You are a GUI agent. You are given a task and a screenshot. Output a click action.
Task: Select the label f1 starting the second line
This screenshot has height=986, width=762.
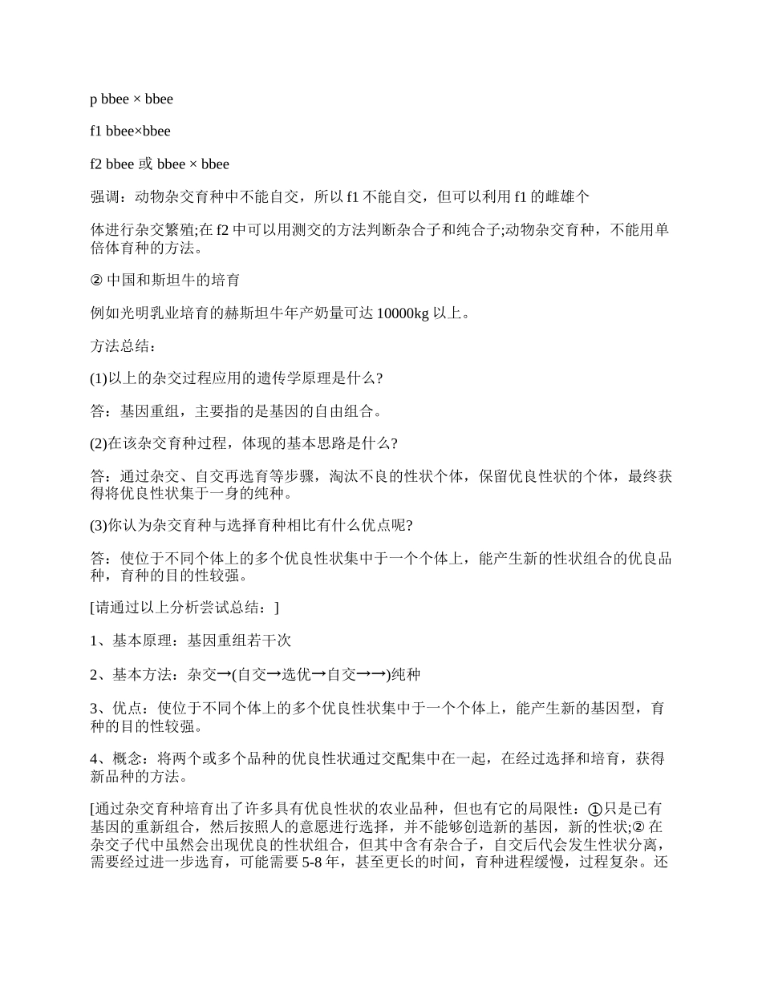[96, 131]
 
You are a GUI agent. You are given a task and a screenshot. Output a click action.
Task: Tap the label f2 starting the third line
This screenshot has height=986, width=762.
[97, 164]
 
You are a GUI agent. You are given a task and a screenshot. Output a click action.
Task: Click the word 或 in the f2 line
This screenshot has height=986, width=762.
[146, 164]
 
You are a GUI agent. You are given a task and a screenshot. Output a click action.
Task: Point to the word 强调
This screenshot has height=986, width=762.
[105, 196]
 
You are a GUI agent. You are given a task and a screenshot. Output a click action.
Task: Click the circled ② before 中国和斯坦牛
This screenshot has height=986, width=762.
[96, 281]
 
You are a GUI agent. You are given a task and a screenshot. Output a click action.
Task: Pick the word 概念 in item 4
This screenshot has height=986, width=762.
[120, 758]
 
